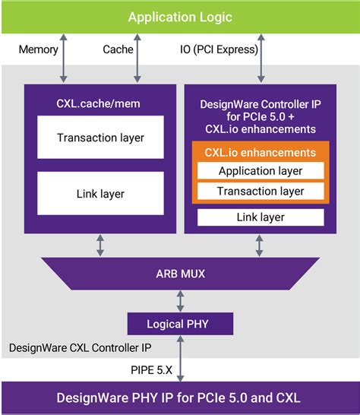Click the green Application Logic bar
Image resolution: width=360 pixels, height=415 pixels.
pos(180,17)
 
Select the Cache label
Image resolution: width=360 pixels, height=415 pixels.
pos(118,50)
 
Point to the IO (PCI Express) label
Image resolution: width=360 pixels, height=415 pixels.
pos(218,50)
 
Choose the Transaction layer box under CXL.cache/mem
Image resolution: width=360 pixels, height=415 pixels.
pos(100,138)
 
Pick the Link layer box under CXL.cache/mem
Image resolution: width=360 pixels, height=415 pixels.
pos(100,194)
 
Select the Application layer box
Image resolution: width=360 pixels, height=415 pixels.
pos(261,171)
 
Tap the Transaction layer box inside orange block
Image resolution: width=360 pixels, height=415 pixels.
pos(261,191)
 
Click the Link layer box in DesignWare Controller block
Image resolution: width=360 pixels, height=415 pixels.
pos(261,218)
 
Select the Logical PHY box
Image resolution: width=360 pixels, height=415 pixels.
pos(180,325)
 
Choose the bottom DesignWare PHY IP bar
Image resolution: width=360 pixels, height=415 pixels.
pos(180,398)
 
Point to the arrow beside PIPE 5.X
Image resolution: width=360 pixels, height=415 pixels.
pos(180,359)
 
